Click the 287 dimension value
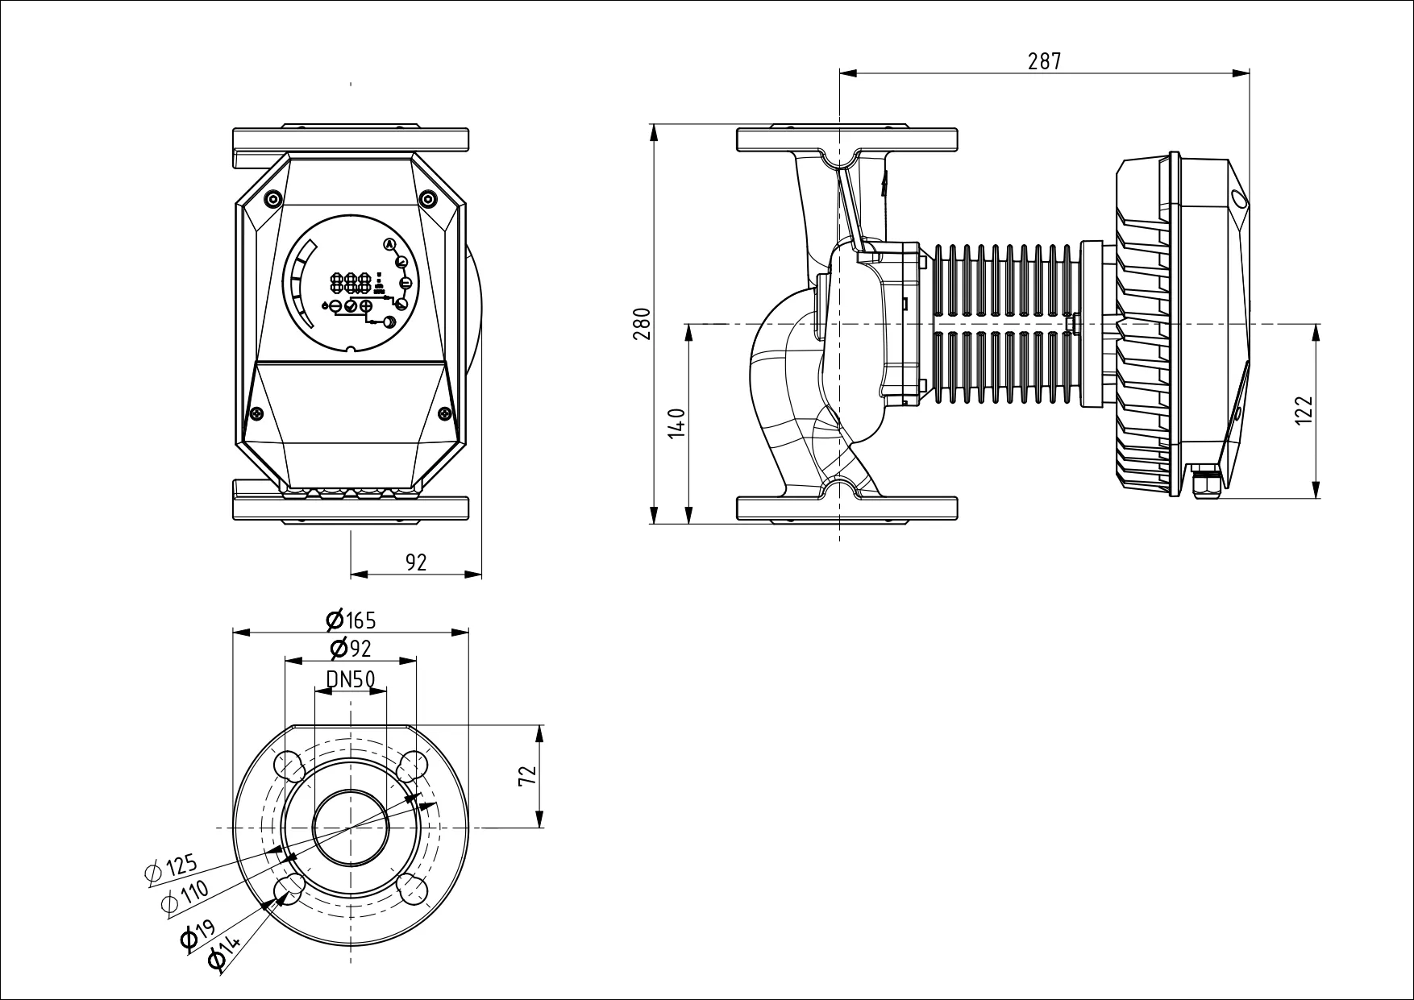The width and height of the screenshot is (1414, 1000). point(1045,61)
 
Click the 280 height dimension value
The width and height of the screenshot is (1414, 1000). point(643,324)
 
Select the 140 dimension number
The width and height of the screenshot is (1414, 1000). point(678,423)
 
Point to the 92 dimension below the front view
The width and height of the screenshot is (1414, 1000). point(416,562)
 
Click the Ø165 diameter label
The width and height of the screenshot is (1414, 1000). point(351,620)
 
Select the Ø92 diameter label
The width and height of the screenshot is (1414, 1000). point(351,648)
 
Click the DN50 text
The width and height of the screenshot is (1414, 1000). point(351,679)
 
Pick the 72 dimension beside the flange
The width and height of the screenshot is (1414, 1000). point(527,776)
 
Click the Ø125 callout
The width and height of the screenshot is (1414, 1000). point(171,869)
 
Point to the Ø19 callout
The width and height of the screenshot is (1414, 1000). point(198,934)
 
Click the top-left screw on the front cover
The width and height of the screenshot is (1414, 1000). point(272,199)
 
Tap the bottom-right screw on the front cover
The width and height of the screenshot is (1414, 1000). point(445,413)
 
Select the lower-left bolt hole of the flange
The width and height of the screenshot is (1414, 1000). point(289,889)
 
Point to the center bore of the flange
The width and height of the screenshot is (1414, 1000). point(351,828)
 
